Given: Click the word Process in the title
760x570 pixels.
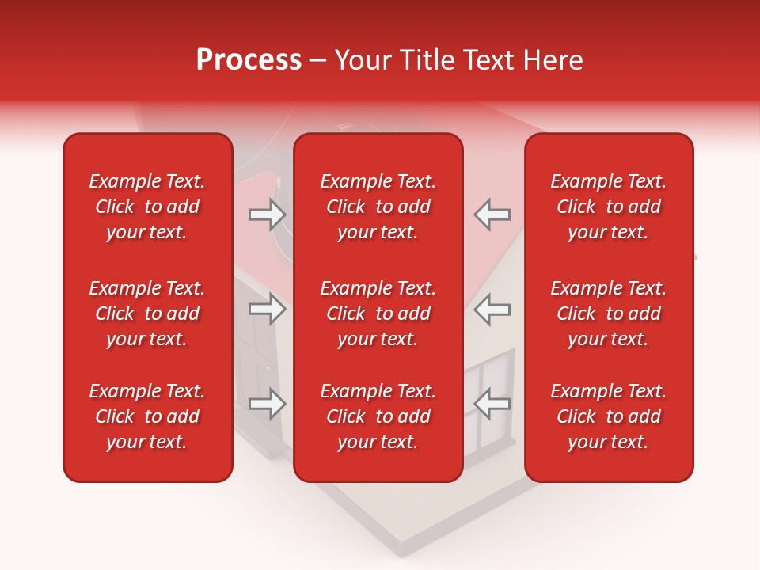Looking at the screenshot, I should [x=249, y=60].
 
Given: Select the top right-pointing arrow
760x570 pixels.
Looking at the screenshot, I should [x=268, y=214].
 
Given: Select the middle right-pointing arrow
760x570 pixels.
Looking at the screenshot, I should [x=268, y=309].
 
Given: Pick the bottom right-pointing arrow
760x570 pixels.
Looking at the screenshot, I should [x=268, y=404].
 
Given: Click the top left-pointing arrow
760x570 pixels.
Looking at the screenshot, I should [x=492, y=214].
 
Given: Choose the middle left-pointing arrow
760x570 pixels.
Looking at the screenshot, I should [x=492, y=309].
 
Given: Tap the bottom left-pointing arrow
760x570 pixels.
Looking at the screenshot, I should [x=492, y=404].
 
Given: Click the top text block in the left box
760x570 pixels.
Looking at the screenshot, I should [x=147, y=207].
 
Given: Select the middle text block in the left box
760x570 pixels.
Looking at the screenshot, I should [x=147, y=313].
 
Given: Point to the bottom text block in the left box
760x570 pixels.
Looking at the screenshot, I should [x=147, y=416].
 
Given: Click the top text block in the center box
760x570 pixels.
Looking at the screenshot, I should [x=378, y=207].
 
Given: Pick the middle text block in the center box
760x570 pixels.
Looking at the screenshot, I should [x=378, y=313].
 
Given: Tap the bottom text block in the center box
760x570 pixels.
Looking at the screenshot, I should [x=378, y=416].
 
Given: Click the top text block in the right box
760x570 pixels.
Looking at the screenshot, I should [x=609, y=207].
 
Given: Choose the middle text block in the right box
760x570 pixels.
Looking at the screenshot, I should [x=609, y=313].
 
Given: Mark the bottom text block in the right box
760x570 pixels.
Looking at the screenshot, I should [x=609, y=416].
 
